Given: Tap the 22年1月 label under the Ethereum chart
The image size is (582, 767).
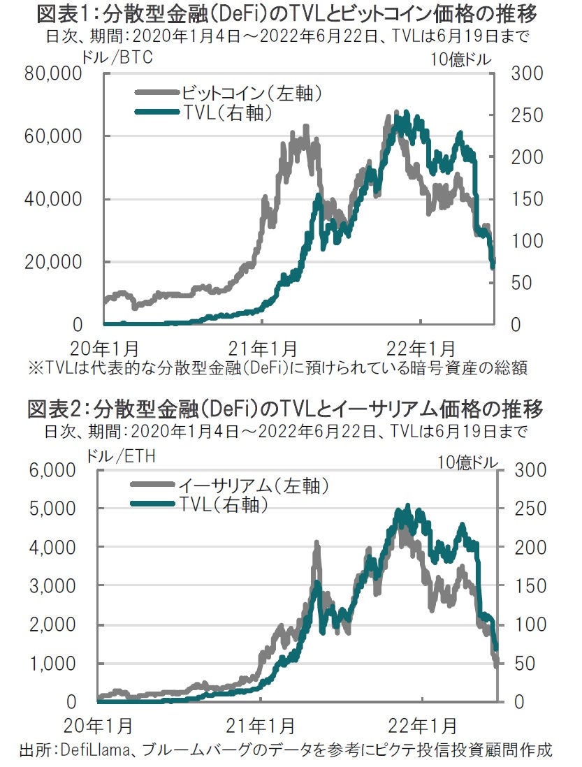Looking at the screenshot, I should [423, 724].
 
